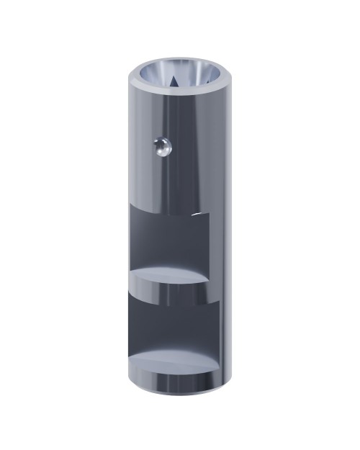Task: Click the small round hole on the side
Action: point(161,148)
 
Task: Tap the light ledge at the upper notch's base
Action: point(170,276)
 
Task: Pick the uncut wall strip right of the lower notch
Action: point(220,331)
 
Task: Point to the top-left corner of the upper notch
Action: point(130,204)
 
